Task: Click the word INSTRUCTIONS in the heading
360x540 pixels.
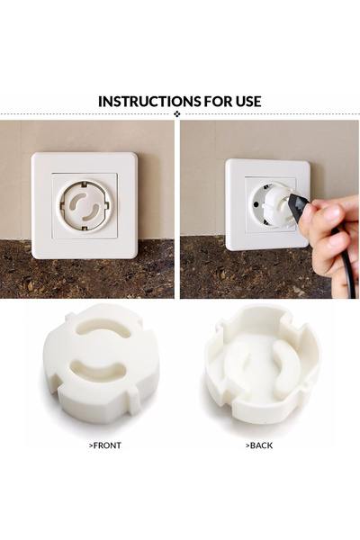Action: coord(148,101)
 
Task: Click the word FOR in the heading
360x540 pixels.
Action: coord(217,101)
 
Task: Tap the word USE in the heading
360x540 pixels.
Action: coord(247,101)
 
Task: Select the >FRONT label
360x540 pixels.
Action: coord(104,445)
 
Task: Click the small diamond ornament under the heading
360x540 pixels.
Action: coord(176,115)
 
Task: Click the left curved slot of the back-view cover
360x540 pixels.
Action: coord(236,363)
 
